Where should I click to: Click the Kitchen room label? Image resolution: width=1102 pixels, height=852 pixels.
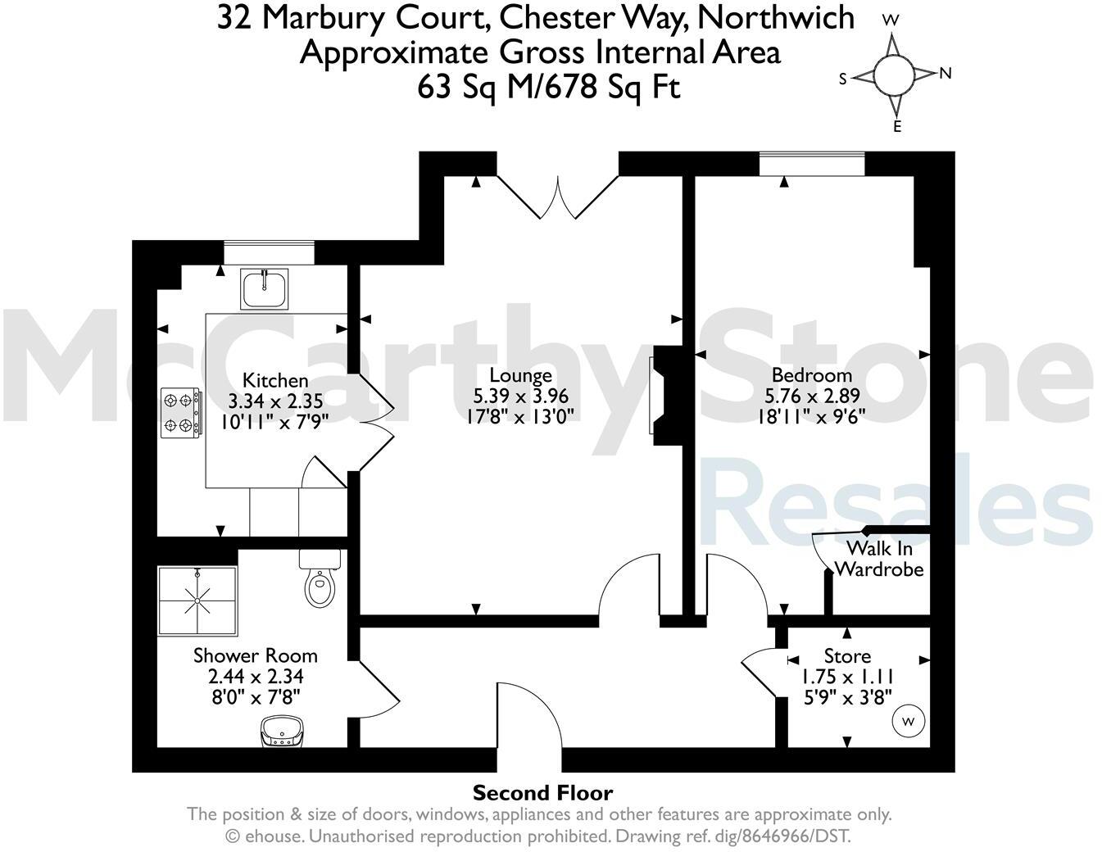(275, 380)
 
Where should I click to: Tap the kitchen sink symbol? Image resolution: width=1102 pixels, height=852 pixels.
(264, 289)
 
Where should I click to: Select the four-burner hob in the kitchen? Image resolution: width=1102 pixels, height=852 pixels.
(181, 413)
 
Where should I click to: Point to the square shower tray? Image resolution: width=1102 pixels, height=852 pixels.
(197, 600)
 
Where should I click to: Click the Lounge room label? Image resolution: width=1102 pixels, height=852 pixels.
(520, 376)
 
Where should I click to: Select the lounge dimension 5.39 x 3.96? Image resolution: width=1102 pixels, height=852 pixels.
(520, 396)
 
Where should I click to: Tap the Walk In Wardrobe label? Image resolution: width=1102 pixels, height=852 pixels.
(879, 559)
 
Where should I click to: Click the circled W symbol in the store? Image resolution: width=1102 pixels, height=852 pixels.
(908, 722)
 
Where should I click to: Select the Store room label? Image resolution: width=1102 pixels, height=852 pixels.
(847, 656)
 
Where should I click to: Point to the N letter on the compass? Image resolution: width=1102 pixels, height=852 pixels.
(945, 73)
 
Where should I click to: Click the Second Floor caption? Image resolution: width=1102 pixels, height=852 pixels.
(542, 793)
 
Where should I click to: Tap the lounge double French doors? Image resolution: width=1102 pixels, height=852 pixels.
(557, 197)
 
